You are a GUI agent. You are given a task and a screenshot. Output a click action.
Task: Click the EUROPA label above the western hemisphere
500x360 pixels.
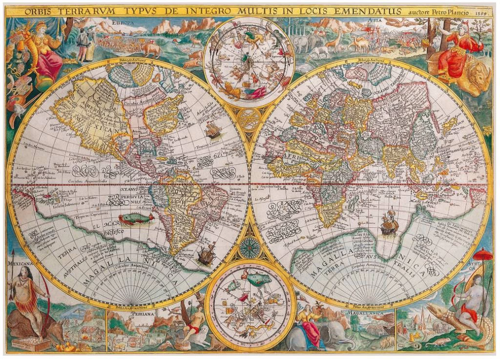122,22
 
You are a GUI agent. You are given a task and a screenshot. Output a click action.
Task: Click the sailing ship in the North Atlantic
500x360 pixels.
213,129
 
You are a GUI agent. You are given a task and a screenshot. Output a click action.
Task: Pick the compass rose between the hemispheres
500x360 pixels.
250,248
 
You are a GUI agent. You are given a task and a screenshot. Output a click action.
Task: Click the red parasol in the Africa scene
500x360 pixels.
483,254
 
